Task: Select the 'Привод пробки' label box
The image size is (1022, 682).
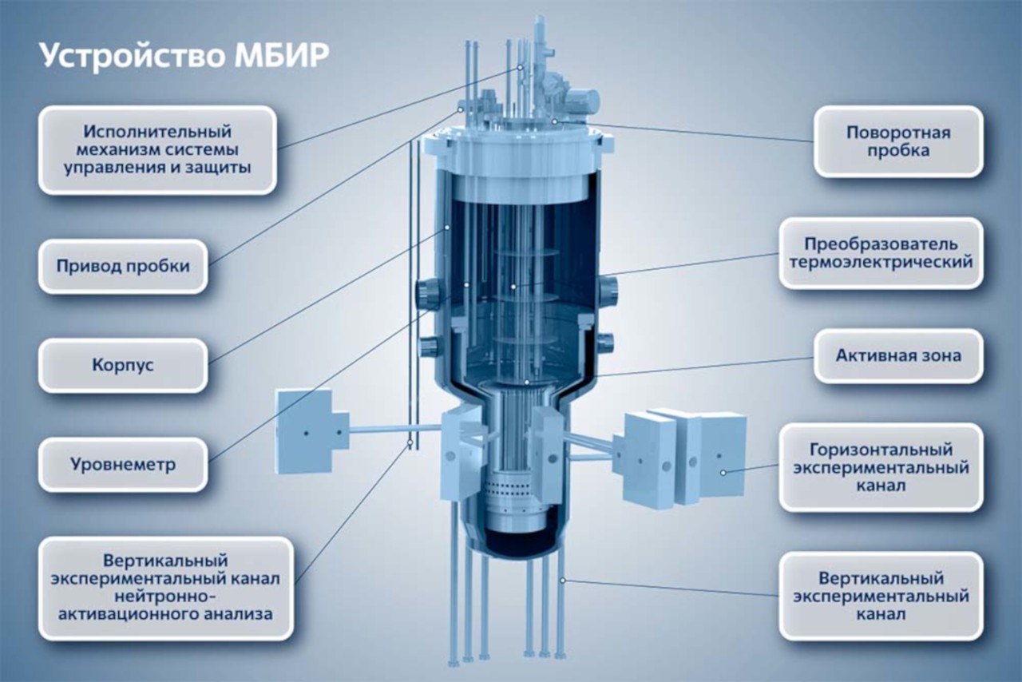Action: click(123, 266)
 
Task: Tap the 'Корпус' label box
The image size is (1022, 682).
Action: click(123, 365)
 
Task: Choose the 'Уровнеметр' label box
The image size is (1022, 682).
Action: click(123, 464)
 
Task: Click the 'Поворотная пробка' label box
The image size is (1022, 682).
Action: click(898, 141)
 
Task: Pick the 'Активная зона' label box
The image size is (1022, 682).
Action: click(898, 355)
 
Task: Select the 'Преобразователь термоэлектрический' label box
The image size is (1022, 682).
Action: click(881, 253)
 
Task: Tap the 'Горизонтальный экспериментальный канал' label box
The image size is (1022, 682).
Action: click(881, 467)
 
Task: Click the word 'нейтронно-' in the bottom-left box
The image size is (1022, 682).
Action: click(165, 596)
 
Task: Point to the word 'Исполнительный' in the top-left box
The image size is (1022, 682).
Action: click(157, 132)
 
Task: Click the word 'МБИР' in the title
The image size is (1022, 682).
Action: click(282, 57)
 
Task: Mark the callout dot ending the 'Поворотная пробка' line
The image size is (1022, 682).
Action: click(554, 121)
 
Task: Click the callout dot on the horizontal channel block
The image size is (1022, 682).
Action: click(723, 473)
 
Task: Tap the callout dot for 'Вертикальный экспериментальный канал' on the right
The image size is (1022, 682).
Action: click(563, 581)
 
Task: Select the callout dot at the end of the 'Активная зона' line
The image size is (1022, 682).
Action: click(526, 382)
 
